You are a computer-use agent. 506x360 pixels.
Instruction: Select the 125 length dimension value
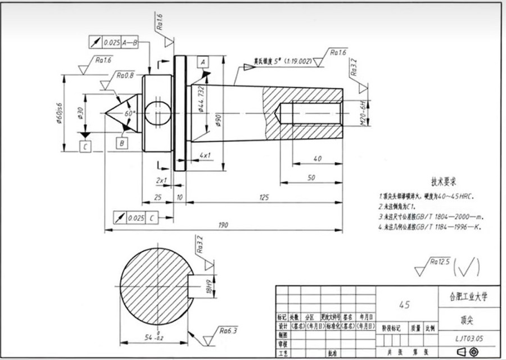(x=263, y=197)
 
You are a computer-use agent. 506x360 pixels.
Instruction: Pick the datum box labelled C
(x=85, y=147)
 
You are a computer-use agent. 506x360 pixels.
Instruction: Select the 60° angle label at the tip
(x=131, y=113)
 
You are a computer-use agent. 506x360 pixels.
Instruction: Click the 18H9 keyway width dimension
(x=207, y=287)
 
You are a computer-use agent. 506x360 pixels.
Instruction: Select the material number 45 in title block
(x=404, y=304)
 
